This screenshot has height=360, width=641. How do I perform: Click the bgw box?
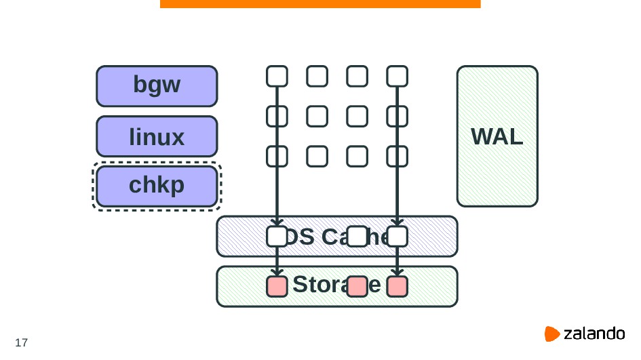(x=157, y=86)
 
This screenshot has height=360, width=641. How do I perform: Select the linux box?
(x=157, y=137)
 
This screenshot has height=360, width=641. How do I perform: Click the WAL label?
(x=497, y=137)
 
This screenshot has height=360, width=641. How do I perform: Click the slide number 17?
(x=21, y=342)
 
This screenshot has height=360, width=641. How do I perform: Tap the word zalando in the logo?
(x=594, y=334)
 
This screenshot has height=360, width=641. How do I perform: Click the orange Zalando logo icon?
(x=552, y=334)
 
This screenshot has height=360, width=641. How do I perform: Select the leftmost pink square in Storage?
(x=277, y=287)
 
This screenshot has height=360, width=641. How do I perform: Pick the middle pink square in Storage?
(x=357, y=287)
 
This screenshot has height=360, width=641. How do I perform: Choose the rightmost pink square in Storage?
(x=397, y=287)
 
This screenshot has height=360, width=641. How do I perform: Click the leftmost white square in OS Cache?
(x=277, y=237)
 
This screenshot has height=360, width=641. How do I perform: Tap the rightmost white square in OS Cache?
(x=397, y=237)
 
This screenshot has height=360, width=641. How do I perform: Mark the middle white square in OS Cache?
(x=357, y=237)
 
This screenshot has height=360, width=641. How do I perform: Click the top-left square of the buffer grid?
(x=277, y=76)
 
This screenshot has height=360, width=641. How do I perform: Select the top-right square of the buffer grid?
(x=397, y=76)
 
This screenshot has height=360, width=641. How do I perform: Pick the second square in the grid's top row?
(x=317, y=76)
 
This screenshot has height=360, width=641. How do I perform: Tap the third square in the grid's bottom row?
(x=357, y=157)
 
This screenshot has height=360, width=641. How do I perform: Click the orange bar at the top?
(x=320, y=3)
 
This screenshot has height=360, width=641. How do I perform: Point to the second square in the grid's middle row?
(x=317, y=117)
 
